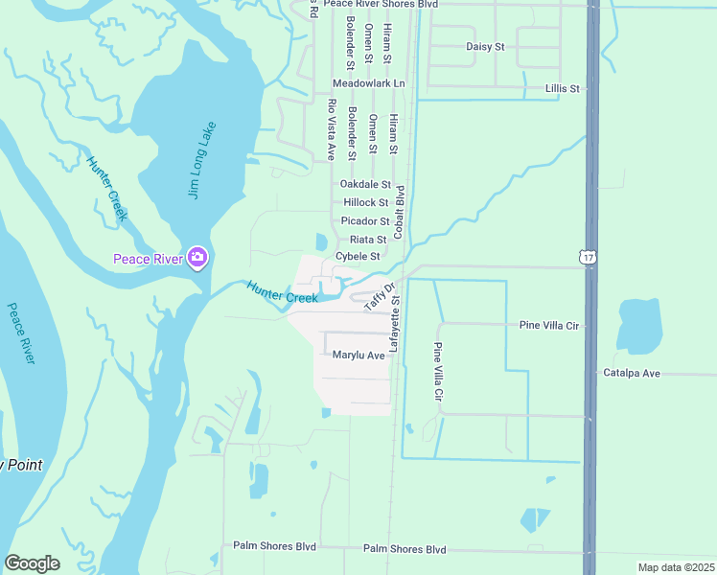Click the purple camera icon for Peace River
point(197,257)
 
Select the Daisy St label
point(484,46)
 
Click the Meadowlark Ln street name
point(369,84)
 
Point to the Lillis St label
point(563,88)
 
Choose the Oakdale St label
point(365,184)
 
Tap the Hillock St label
point(365,202)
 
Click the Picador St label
point(365,220)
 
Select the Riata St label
point(368,239)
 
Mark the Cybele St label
point(358,256)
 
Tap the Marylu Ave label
point(358,355)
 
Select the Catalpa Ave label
point(631,373)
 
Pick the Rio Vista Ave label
point(332,128)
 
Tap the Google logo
point(32,563)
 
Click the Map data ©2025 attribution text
point(675,567)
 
